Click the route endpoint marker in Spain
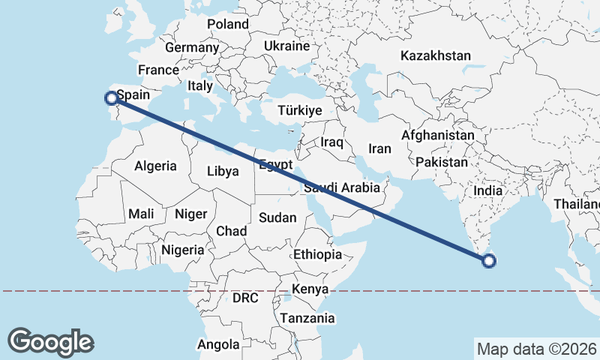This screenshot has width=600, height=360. (x=111, y=97)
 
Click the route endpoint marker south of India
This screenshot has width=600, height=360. (x=489, y=261)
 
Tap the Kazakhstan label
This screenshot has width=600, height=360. (x=436, y=55)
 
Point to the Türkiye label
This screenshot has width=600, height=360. (x=299, y=110)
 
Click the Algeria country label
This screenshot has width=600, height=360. (x=155, y=166)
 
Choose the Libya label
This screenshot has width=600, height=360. (x=223, y=171)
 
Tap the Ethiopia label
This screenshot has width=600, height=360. (x=317, y=254)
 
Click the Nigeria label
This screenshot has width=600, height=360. (x=182, y=250)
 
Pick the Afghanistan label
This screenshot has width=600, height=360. (x=438, y=136)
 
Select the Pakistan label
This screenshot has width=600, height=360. (x=442, y=162)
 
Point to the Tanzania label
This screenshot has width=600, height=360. (x=307, y=318)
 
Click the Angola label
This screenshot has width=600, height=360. (x=218, y=345)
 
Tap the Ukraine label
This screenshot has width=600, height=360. (x=286, y=46)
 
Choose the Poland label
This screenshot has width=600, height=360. (x=228, y=24)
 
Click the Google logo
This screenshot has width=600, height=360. (x=50, y=341)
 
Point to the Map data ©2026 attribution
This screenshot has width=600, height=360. (x=536, y=349)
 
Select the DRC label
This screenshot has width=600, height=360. (x=245, y=298)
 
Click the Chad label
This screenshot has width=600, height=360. (x=232, y=231)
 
